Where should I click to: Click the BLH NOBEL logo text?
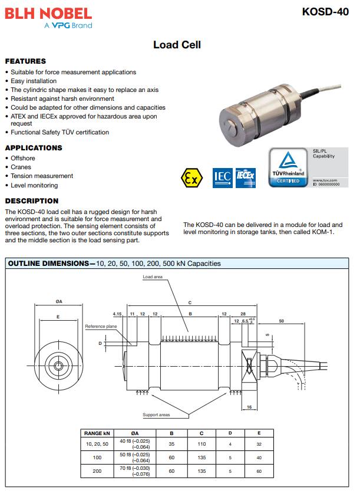[x=48, y=13]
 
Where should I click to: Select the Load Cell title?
[x=177, y=45]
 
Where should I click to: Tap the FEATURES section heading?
[x=25, y=61]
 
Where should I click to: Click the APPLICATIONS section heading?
[x=34, y=148]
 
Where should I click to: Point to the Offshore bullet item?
[x=23, y=158]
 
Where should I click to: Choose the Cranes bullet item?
[x=21, y=167]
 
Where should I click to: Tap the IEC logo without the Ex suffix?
[x=222, y=177]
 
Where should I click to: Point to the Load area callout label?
[x=153, y=277]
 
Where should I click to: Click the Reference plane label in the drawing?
[x=101, y=326]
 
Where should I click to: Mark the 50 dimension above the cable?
[x=282, y=321]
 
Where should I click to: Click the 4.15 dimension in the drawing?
[x=117, y=314]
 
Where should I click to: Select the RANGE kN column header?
[x=97, y=433]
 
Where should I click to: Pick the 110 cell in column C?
[x=202, y=444]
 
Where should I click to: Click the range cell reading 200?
[x=97, y=471]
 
